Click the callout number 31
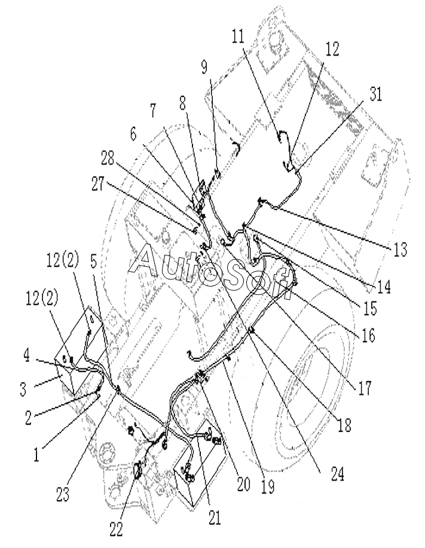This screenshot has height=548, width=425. [x=375, y=95]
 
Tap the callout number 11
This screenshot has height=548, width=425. [x=239, y=36]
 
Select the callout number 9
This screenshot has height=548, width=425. [x=204, y=67]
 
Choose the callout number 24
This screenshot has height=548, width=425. [x=337, y=474]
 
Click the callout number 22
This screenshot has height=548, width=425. [x=116, y=530]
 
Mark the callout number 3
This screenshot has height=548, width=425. [x=23, y=389]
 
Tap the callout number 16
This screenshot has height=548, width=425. [x=368, y=335]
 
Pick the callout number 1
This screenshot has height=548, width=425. [x=36, y=455]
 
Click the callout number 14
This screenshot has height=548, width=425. [x=383, y=287]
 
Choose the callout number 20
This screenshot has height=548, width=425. [x=243, y=485]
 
